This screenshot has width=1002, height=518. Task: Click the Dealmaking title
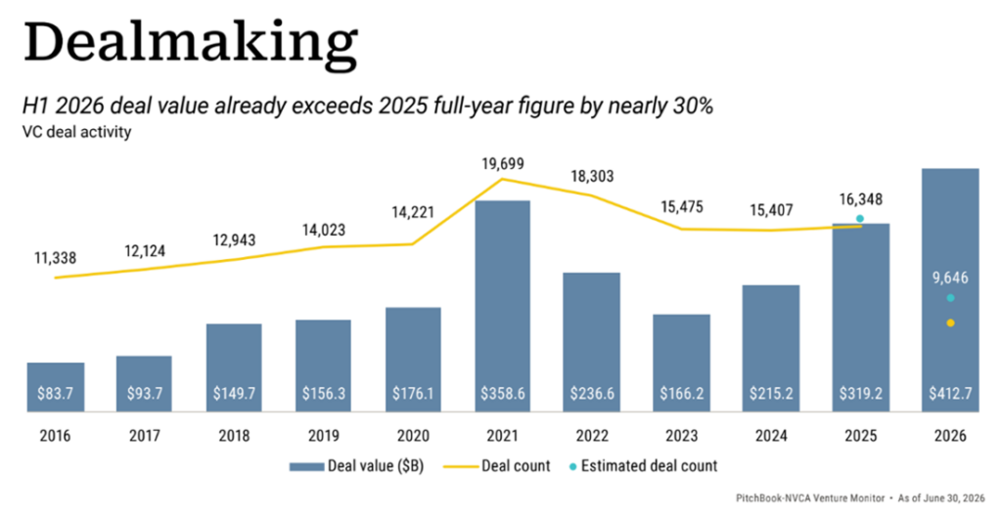pos(190,42)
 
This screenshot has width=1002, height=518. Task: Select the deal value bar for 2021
pos(502,306)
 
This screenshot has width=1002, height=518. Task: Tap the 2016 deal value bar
pos(56,387)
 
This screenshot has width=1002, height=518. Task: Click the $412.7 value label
pos(950,393)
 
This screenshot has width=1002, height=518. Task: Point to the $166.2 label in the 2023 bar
pos(682,393)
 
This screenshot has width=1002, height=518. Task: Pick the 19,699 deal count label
pos(502,164)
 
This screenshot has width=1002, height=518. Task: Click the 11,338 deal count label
pos(55,258)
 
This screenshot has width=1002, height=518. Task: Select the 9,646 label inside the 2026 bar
pos(950,279)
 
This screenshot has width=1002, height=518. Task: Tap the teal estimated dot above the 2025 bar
pos(860,219)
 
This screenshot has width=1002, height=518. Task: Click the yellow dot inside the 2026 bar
pos(950,323)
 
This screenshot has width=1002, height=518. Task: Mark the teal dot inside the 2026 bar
pos(950,298)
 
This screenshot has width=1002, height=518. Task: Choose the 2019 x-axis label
pos(324,436)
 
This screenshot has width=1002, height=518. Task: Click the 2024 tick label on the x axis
pos(771,436)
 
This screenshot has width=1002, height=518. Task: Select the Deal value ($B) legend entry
pos(356,466)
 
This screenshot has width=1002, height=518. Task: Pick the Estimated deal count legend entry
pos(643,466)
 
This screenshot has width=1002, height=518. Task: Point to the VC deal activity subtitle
pos(76,132)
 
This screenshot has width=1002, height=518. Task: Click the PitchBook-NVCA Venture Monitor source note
pos(809,498)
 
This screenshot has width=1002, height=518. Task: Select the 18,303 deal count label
pos(592,177)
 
